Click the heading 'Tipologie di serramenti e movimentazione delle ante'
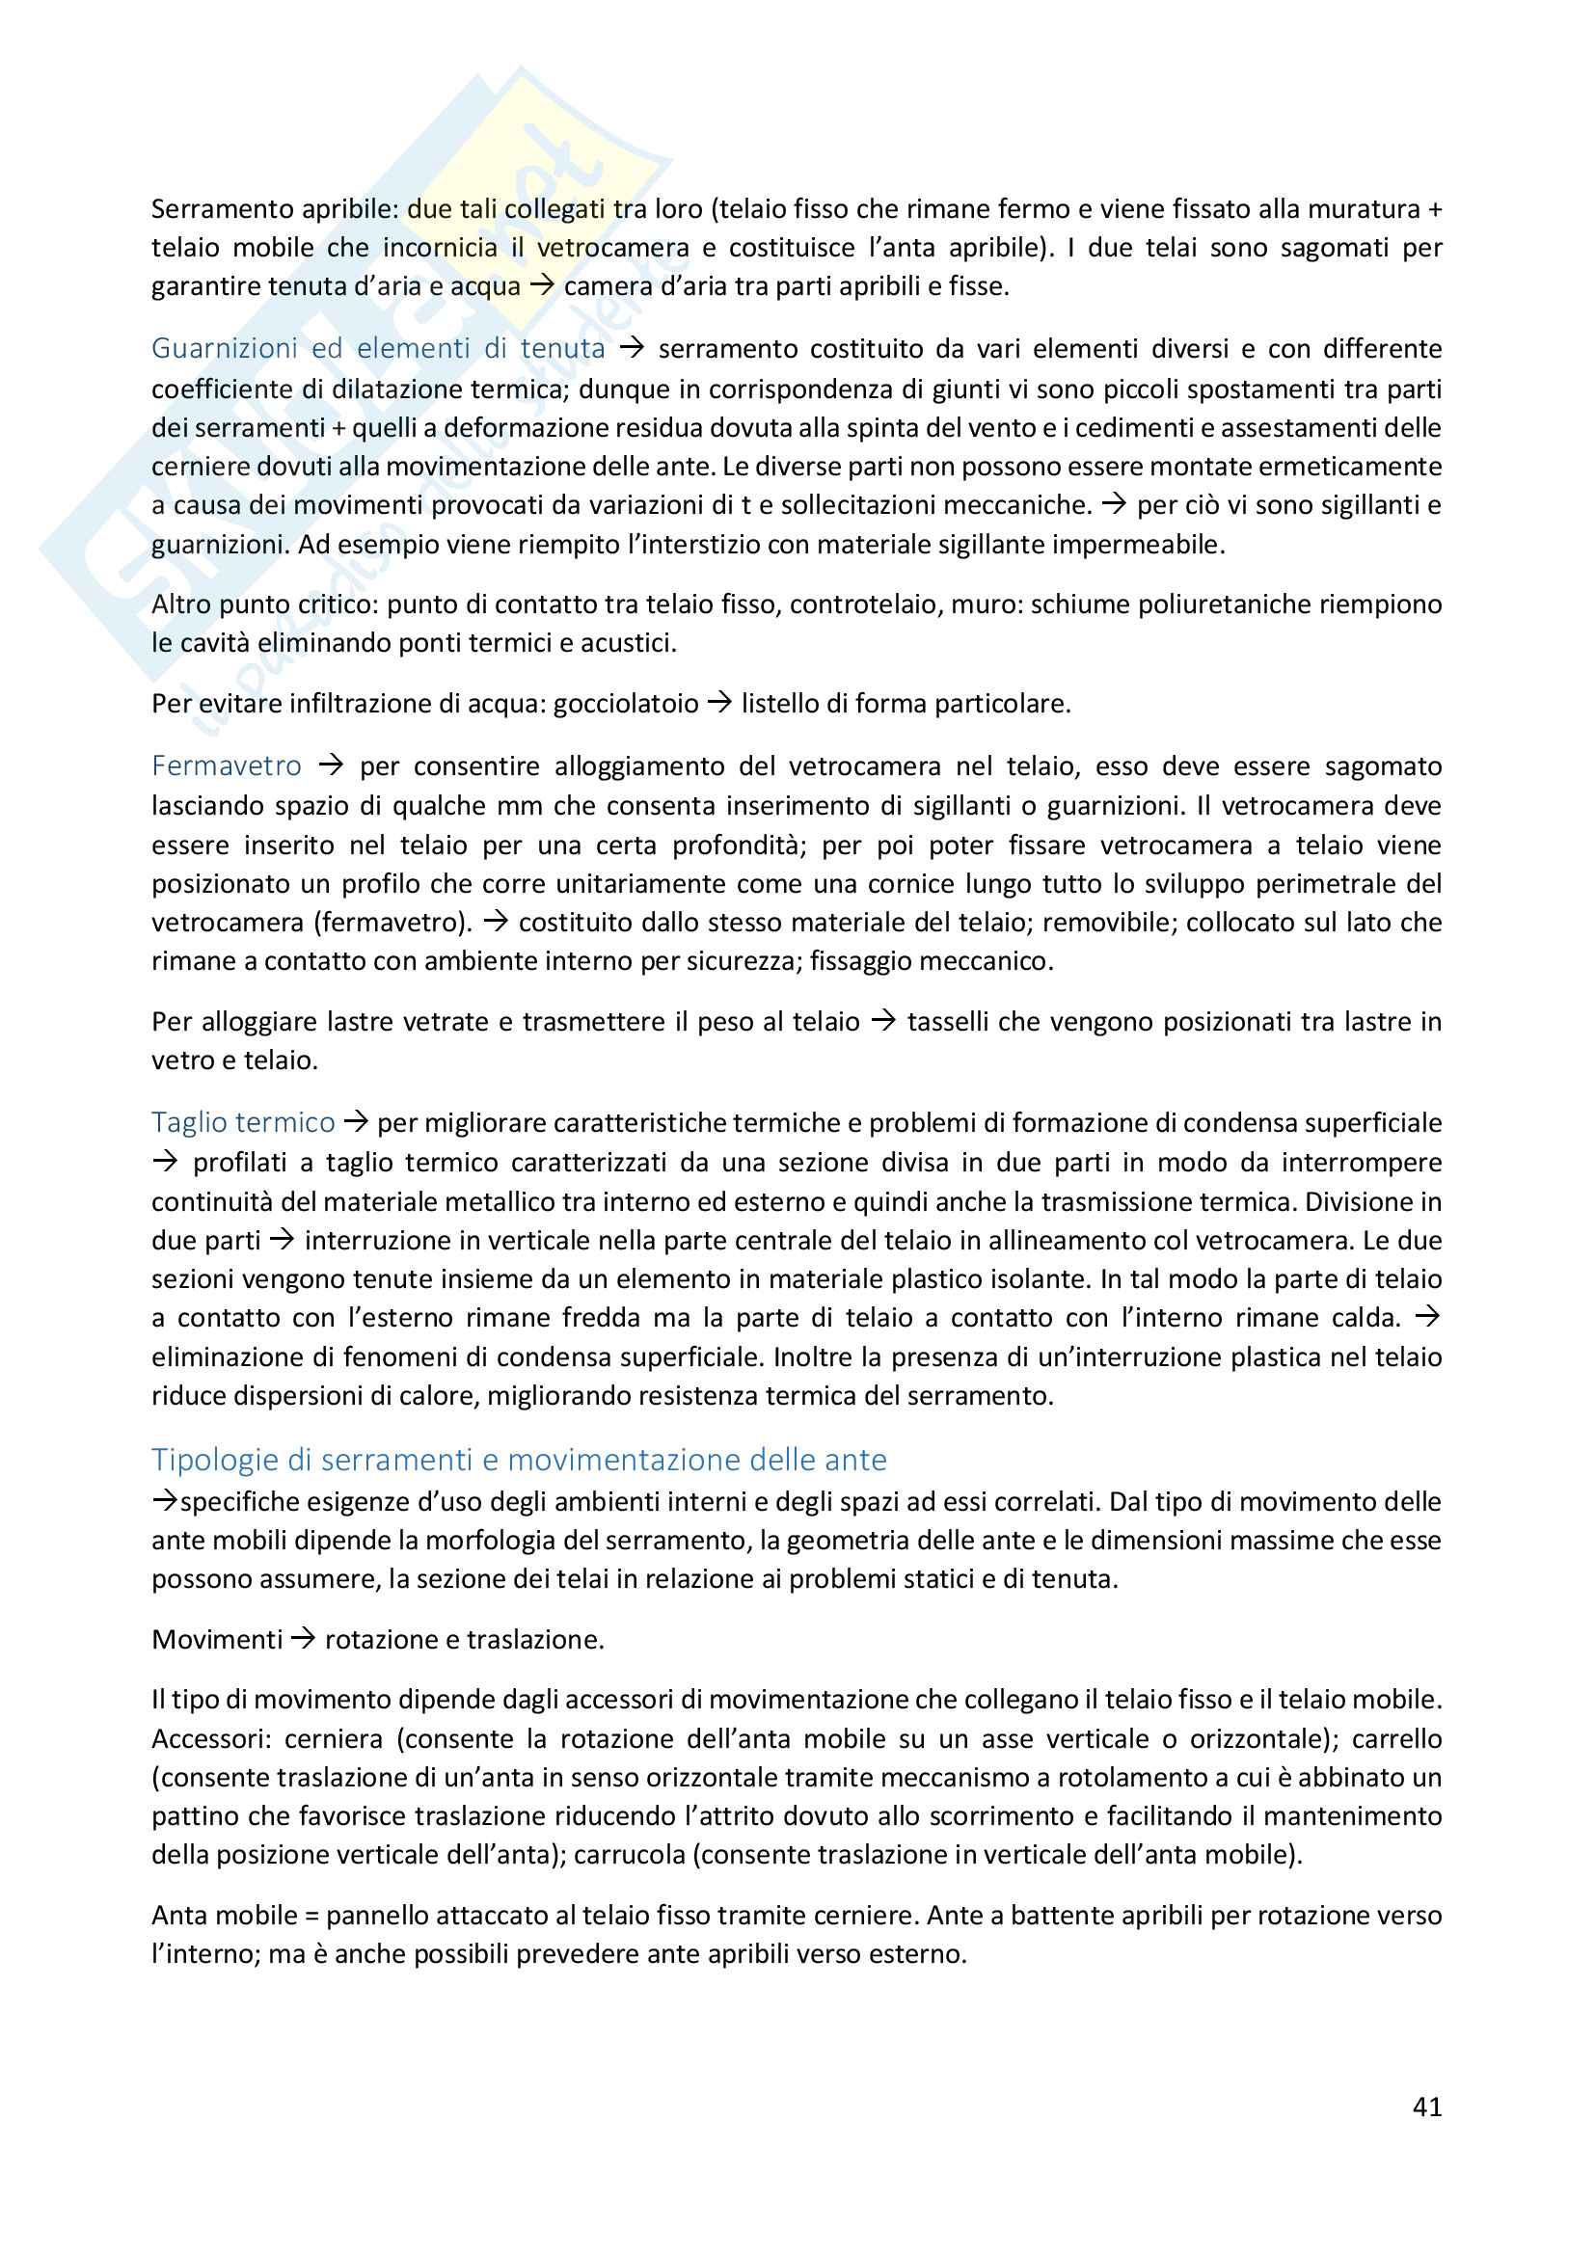coord(519,1460)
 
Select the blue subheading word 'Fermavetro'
coord(226,766)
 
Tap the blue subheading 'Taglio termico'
coord(243,1121)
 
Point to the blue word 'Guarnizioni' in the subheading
coord(225,349)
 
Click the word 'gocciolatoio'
coord(626,703)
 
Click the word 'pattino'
coord(194,1816)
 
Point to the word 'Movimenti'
coord(217,1639)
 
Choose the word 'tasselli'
coord(948,1021)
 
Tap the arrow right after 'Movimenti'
coord(304,1639)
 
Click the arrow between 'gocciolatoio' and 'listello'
coord(720,703)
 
